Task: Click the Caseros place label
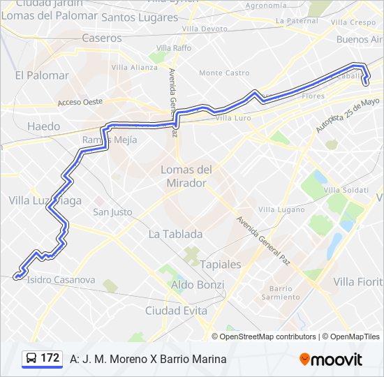click(101, 38)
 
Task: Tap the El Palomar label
click(42, 75)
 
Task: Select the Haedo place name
click(43, 126)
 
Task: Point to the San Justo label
click(112, 212)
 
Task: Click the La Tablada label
click(175, 235)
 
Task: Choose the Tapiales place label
click(220, 265)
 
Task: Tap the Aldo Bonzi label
click(198, 285)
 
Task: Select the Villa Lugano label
click(281, 209)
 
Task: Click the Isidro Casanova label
click(61, 280)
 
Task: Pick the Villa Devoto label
click(205, 29)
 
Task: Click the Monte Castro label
click(224, 73)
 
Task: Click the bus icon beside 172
click(31, 358)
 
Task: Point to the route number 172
click(50, 358)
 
